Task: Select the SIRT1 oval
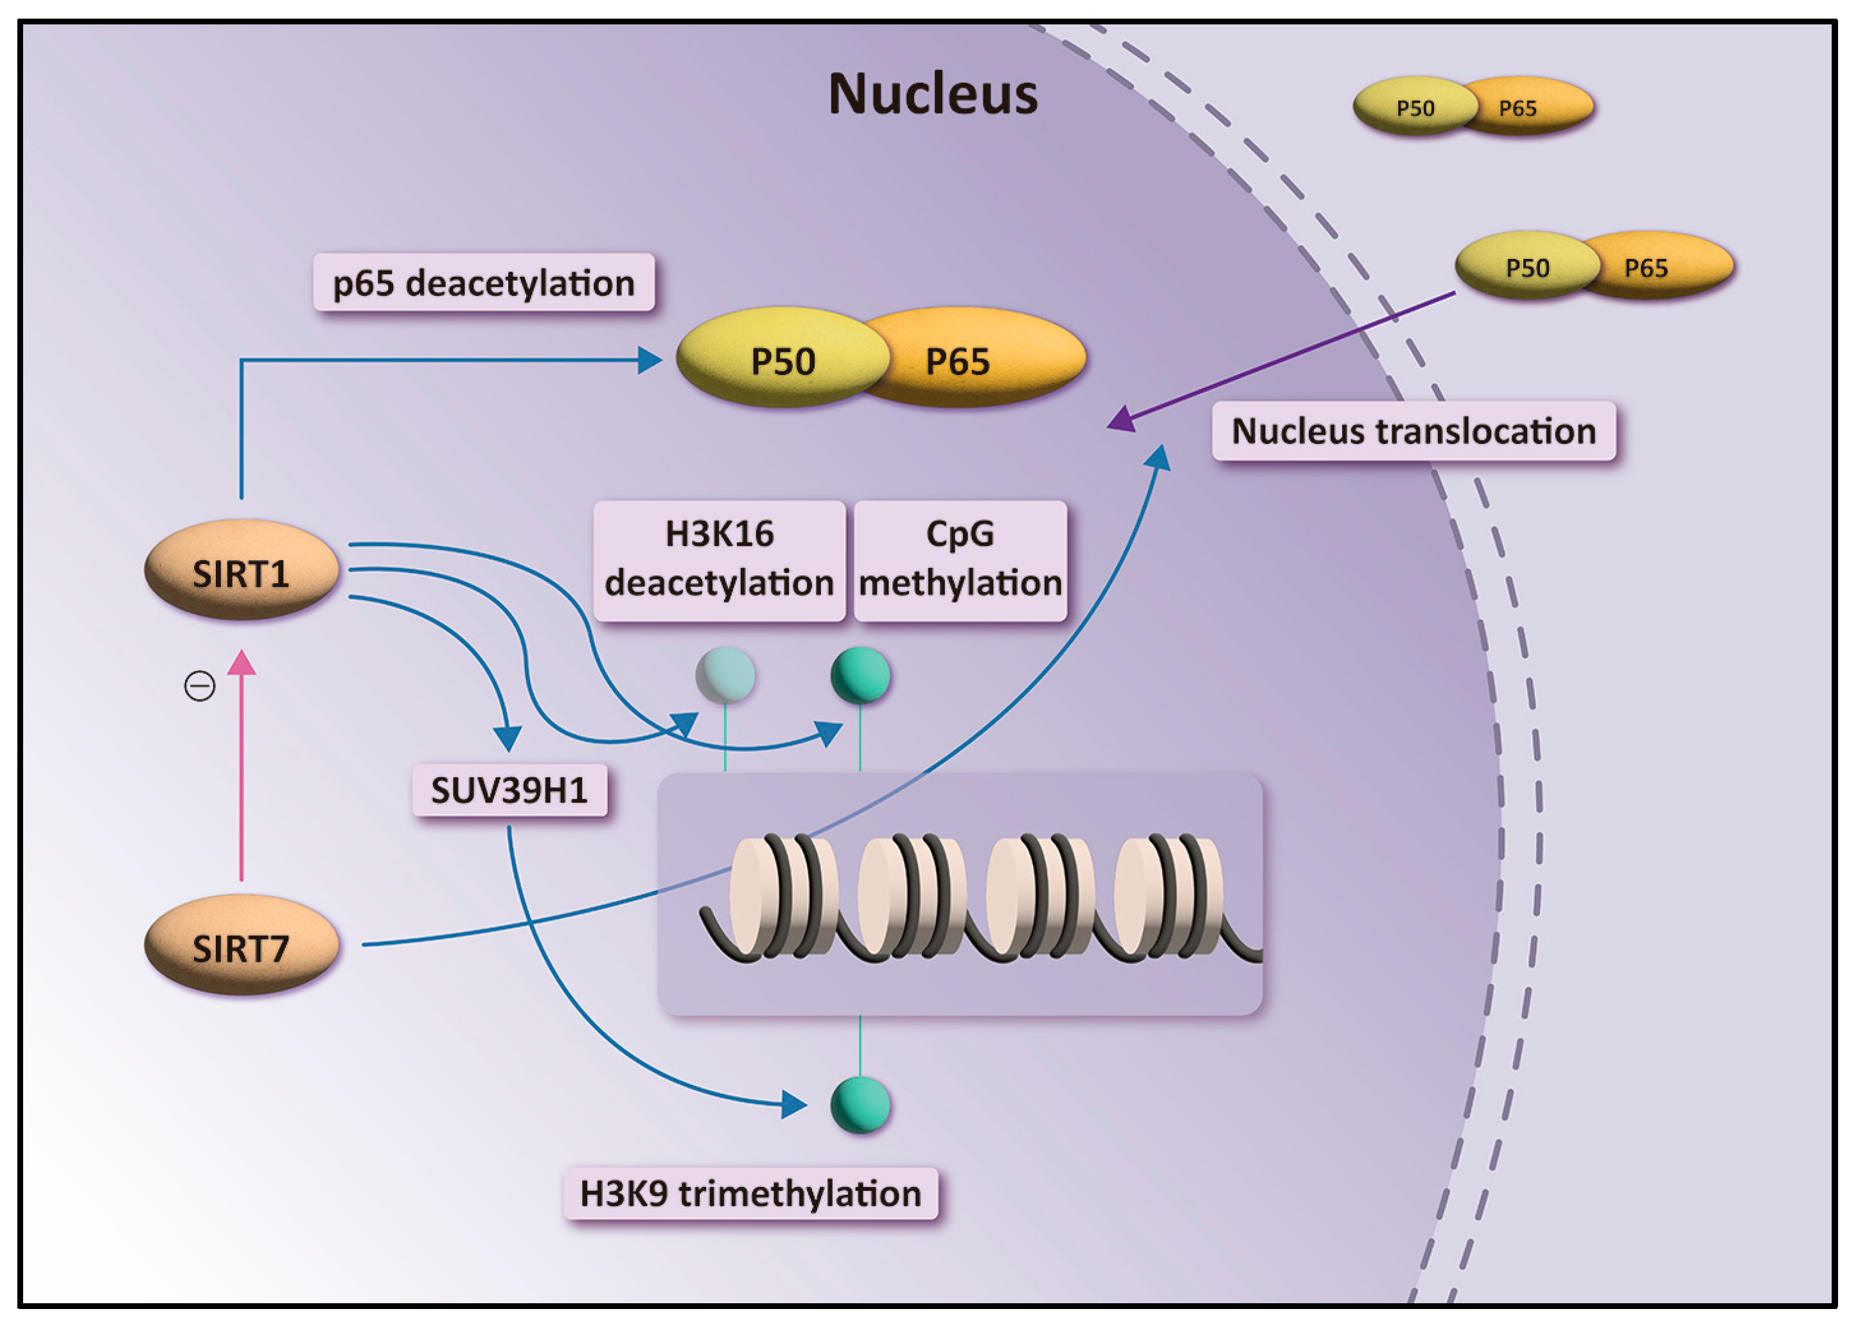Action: pos(241,571)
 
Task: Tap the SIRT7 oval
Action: pos(241,945)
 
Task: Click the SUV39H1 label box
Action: pos(509,790)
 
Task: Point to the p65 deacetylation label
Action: pos(483,283)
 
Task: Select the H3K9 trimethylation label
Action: pos(750,1194)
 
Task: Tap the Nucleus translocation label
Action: pos(1413,430)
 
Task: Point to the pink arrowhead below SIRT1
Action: pos(241,663)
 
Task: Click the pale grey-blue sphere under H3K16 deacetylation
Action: pos(725,675)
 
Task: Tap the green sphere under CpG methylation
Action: pos(860,675)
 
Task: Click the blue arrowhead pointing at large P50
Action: pos(650,360)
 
